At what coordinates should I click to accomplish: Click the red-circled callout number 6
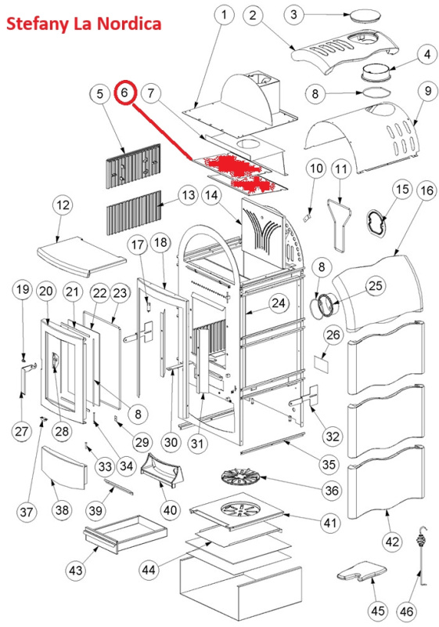click(x=125, y=93)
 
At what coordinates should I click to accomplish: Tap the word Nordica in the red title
click(x=129, y=24)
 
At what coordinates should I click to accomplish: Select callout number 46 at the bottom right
click(x=407, y=611)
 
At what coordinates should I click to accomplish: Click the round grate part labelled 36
click(x=238, y=477)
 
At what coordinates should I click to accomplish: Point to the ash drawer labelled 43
click(x=124, y=534)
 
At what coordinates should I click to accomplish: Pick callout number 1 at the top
click(x=224, y=16)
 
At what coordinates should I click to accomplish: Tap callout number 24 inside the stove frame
click(x=279, y=303)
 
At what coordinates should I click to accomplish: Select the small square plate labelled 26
click(x=322, y=364)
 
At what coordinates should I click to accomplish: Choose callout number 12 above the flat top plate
click(x=63, y=205)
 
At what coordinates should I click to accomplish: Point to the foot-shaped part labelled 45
click(x=362, y=571)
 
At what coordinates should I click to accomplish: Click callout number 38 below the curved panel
click(x=63, y=510)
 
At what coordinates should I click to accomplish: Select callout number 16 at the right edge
click(x=426, y=190)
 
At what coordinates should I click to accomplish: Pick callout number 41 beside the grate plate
click(x=330, y=524)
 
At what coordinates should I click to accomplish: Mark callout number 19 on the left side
click(x=23, y=288)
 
